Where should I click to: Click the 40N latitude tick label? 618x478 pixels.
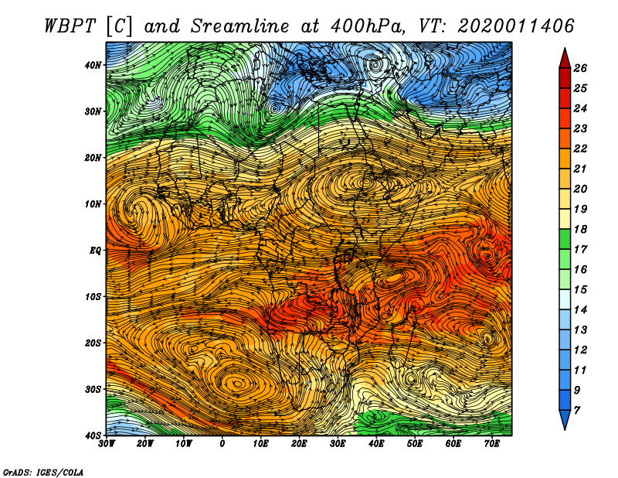click(x=93, y=65)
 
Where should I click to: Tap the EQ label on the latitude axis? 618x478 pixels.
click(x=96, y=251)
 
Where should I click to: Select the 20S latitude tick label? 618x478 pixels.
click(x=93, y=343)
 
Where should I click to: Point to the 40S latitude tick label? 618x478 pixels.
click(x=93, y=435)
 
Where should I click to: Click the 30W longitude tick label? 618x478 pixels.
click(x=107, y=444)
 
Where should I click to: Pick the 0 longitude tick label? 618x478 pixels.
click(x=222, y=444)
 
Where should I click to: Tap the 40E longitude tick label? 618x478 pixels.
click(x=376, y=444)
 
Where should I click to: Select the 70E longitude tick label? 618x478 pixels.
click(x=492, y=444)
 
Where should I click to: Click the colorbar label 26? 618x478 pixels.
click(x=580, y=68)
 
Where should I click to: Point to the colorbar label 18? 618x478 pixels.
click(x=580, y=229)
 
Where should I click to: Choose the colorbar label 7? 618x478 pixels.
click(x=577, y=411)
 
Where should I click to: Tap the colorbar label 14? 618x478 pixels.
click(x=580, y=310)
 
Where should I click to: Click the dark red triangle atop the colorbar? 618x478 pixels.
click(x=565, y=59)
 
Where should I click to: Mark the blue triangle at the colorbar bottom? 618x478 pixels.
click(x=565, y=420)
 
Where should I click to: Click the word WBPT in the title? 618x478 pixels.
click(x=70, y=26)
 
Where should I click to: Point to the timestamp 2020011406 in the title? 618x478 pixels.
click(x=515, y=26)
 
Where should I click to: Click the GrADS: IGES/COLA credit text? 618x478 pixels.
click(x=43, y=472)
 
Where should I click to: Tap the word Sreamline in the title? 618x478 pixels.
click(x=240, y=26)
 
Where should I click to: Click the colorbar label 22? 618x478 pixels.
click(x=580, y=149)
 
